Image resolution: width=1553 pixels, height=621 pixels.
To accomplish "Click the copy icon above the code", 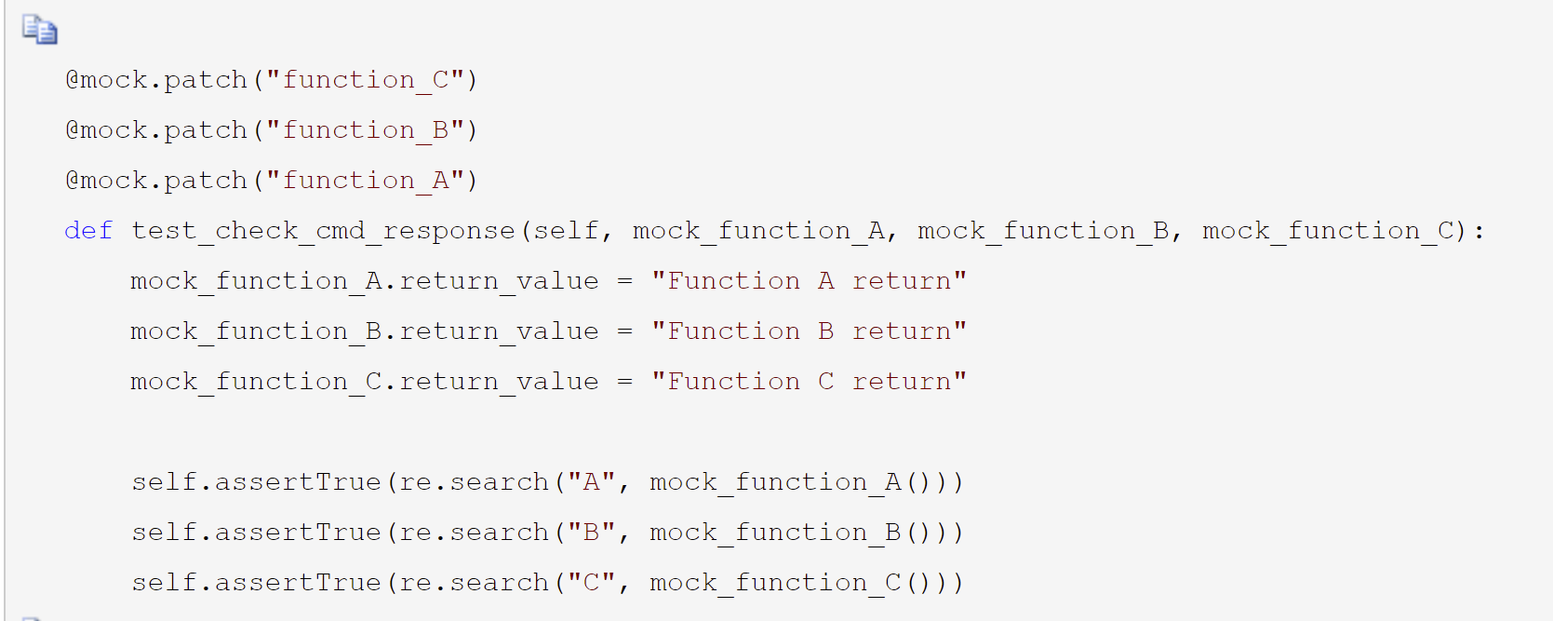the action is [39, 30].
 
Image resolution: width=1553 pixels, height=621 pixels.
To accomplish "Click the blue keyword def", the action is [88, 230].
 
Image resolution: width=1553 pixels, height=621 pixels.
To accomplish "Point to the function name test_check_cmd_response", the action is [323, 231].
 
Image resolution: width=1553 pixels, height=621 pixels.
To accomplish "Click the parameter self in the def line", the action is [566, 230].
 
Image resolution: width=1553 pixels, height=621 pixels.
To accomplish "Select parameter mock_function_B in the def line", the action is [1043, 231].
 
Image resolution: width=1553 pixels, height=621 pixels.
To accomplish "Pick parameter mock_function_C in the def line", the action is [1328, 231].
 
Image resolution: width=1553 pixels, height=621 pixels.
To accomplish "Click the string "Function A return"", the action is [810, 280].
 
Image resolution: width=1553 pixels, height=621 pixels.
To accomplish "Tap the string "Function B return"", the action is [810, 331].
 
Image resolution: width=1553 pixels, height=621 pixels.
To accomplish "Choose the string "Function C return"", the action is [810, 381].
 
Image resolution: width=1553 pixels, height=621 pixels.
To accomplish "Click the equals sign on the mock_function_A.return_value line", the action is [624, 281].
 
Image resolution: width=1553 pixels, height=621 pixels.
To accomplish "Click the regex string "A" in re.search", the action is [592, 481].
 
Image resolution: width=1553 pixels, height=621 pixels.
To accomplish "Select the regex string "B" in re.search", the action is [592, 533].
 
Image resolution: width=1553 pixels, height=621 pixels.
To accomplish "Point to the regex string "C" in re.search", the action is [592, 582].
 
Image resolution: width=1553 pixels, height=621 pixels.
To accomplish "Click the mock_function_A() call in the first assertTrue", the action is [792, 482].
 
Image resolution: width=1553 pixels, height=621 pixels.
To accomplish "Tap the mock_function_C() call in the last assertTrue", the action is [792, 583].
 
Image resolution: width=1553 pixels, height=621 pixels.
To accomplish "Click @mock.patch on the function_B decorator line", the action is [156, 129].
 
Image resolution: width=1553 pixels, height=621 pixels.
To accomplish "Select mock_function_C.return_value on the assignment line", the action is [365, 382].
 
